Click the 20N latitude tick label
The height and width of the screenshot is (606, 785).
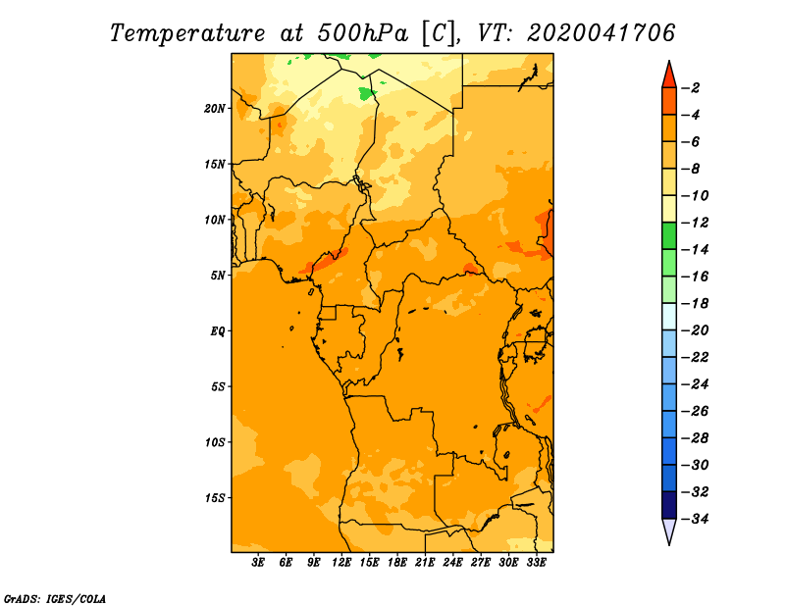[x=215, y=108]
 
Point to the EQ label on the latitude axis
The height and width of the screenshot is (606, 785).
[x=218, y=331]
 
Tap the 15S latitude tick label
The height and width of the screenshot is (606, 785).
[x=215, y=498]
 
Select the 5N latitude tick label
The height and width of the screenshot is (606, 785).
[x=218, y=276]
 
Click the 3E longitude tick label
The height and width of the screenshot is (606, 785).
[x=258, y=562]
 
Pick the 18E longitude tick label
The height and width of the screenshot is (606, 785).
[x=397, y=562]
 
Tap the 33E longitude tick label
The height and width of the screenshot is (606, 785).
[x=536, y=562]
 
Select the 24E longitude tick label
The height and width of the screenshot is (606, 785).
[x=452, y=562]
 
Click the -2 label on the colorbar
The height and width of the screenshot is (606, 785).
[x=691, y=88]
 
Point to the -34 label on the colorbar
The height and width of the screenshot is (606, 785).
[x=695, y=519]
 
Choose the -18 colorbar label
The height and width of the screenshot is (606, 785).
[x=695, y=303]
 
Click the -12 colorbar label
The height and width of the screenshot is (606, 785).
[x=695, y=223]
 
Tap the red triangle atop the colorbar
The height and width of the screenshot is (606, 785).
[x=669, y=76]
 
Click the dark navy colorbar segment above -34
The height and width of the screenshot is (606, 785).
[x=669, y=505]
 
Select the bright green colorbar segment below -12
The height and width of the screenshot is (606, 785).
[x=669, y=236]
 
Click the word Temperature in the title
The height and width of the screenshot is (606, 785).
[x=187, y=33]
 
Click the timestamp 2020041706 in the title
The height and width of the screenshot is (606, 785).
[x=601, y=33]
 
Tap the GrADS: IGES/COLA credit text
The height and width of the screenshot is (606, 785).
[x=55, y=598]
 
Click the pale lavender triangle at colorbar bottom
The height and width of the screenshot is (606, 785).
[x=669, y=530]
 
